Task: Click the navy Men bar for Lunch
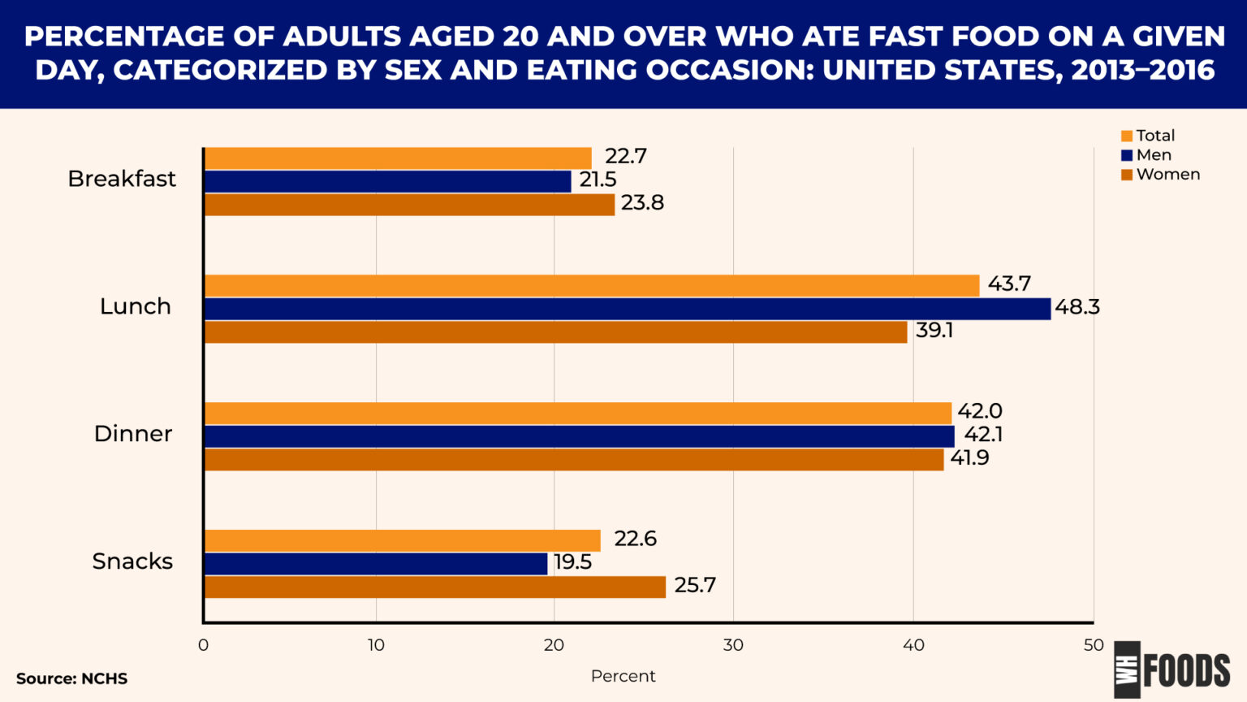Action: [x=627, y=309]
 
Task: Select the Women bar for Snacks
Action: [x=434, y=587]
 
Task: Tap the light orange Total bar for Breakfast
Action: [x=398, y=158]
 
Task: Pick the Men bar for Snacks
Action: [x=376, y=564]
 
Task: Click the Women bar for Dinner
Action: [x=573, y=460]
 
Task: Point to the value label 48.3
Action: [x=1077, y=307]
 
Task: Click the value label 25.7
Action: [x=695, y=586]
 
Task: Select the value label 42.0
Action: [x=979, y=411]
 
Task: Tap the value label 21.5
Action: [x=598, y=180]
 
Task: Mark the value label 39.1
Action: [x=934, y=331]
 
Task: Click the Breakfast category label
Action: [x=122, y=179]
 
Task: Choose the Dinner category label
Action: [x=133, y=434]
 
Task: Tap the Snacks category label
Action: [x=132, y=561]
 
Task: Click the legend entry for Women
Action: [x=1167, y=175]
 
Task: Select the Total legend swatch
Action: [x=1127, y=136]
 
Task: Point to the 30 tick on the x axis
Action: [x=733, y=645]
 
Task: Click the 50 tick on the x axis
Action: [x=1093, y=645]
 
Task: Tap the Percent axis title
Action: [x=623, y=676]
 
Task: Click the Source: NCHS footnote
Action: [x=71, y=678]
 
